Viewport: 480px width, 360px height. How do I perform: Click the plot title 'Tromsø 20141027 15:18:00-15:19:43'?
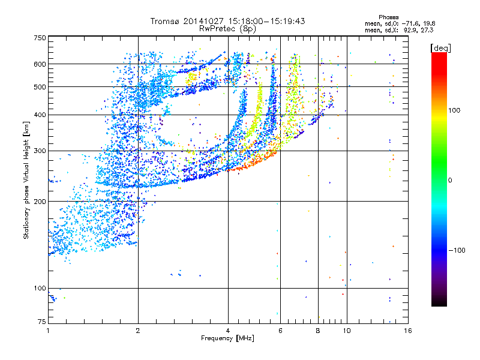[228, 21]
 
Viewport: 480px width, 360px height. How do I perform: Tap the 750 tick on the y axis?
[40, 38]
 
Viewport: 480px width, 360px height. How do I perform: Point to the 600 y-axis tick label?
[40, 64]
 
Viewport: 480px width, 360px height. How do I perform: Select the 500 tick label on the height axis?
[40, 87]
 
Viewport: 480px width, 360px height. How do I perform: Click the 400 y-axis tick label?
[40, 115]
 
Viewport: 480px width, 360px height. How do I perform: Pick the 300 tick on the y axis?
[40, 151]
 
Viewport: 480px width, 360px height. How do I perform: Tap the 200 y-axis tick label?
[40, 202]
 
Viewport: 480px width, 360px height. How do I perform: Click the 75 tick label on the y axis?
[41, 323]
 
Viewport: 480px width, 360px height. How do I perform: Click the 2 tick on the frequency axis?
[138, 331]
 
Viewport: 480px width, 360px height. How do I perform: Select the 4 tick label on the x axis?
[228, 331]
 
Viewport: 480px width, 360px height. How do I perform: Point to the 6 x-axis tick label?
[281, 331]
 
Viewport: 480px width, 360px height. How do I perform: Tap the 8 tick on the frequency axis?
[318, 331]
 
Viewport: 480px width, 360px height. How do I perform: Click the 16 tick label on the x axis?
[407, 331]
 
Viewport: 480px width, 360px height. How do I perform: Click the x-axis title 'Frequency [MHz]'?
[227, 338]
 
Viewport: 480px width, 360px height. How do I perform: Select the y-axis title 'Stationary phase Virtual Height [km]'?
[26, 180]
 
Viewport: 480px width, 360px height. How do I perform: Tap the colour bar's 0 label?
[451, 180]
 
